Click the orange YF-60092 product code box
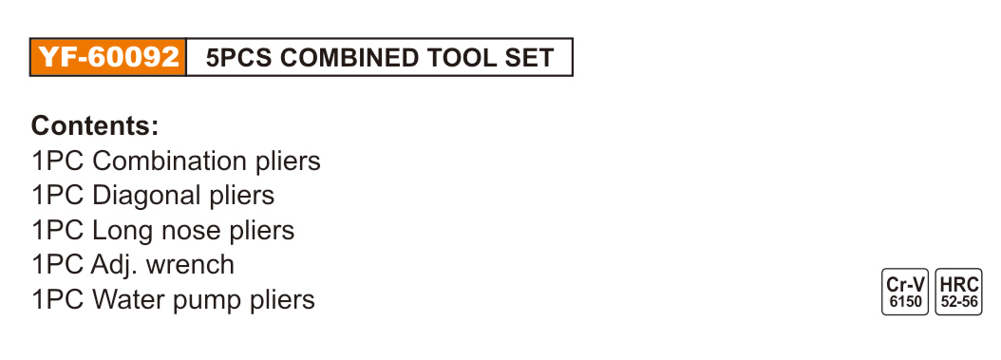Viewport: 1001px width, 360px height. [108, 57]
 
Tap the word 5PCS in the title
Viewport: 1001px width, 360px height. [239, 58]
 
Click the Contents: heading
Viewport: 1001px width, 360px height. [95, 125]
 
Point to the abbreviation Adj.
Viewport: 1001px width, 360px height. [115, 264]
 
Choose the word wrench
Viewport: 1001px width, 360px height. [190, 266]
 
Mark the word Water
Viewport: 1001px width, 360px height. [127, 299]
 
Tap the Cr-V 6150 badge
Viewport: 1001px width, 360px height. [905, 292]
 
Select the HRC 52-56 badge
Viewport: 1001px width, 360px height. [959, 292]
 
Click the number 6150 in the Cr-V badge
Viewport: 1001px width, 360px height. [905, 302]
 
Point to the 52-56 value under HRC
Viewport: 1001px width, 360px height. [959, 302]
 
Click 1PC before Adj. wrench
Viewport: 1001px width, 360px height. [57, 264]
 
